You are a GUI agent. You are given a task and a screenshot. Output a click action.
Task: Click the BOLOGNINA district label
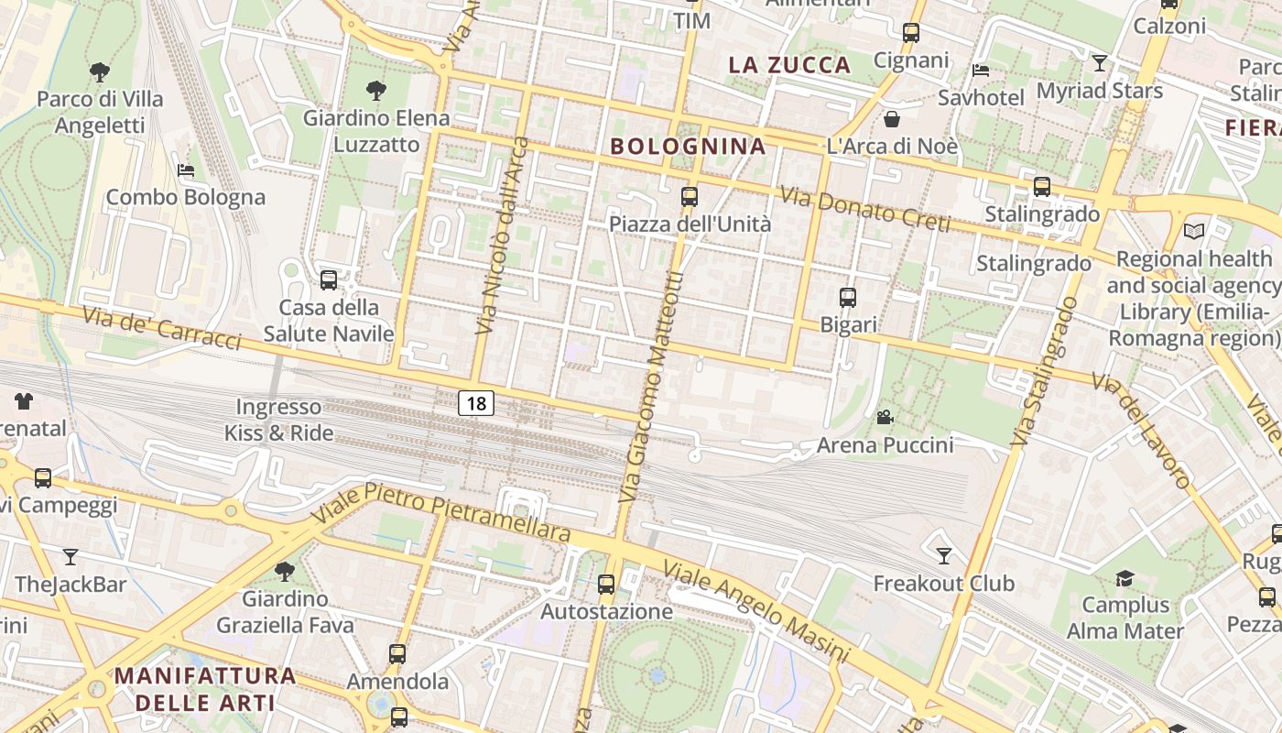pyautogui.click(x=688, y=146)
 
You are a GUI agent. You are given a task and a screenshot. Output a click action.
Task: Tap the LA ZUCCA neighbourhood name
pyautogui.click(x=789, y=65)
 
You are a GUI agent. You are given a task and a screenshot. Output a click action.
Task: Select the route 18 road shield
pyautogui.click(x=476, y=403)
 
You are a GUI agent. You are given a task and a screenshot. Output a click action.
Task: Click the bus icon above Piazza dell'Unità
pyautogui.click(x=690, y=197)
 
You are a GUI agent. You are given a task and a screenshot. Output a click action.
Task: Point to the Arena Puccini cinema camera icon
pyautogui.click(x=885, y=418)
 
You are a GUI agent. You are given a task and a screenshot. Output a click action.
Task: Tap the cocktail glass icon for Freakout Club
pyautogui.click(x=944, y=555)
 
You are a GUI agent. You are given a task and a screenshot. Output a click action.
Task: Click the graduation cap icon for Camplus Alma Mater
pyautogui.click(x=1124, y=578)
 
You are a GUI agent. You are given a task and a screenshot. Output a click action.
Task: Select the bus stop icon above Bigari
pyautogui.click(x=848, y=298)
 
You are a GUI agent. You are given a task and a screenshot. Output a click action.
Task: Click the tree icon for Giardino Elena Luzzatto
pyautogui.click(x=375, y=90)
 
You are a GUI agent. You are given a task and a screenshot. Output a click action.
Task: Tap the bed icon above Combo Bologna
pyautogui.click(x=186, y=170)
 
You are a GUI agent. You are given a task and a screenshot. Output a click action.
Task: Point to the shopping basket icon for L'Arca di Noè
pyautogui.click(x=892, y=119)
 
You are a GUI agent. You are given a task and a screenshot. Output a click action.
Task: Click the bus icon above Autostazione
pyautogui.click(x=606, y=584)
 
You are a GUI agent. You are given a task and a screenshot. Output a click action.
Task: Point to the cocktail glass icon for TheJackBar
pyautogui.click(x=71, y=556)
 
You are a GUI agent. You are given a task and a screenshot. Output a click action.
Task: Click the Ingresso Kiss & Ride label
pyautogui.click(x=278, y=420)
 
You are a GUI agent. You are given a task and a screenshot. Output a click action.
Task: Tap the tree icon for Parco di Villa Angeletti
pyautogui.click(x=100, y=71)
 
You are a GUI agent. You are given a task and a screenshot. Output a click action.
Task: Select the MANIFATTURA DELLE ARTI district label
pyautogui.click(x=205, y=689)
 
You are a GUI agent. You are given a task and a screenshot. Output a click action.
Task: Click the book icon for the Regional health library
pyautogui.click(x=1194, y=232)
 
